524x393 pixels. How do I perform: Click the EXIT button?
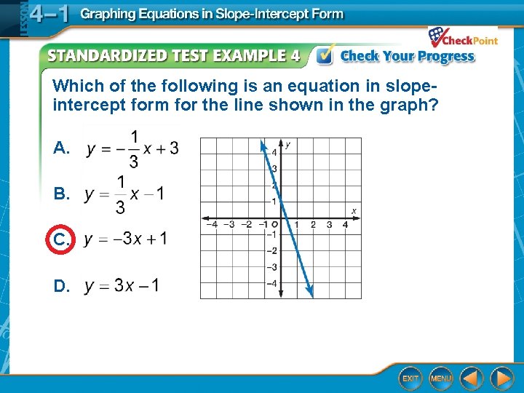click(410, 378)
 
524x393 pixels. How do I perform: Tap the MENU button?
click(441, 378)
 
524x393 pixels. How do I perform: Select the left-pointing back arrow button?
click(471, 378)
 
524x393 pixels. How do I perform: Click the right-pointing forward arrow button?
click(501, 378)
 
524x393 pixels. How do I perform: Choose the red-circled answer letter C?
click(61, 239)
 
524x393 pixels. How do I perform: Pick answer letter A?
click(61, 148)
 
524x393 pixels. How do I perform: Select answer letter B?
click(61, 194)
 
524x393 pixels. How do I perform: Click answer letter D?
click(61, 286)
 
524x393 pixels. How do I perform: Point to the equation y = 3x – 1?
click(122, 285)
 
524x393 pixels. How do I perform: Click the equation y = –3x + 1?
click(125, 239)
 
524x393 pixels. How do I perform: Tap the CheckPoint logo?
click(463, 38)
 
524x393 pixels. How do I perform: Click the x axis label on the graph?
click(354, 211)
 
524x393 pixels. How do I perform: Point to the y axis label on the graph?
click(288, 146)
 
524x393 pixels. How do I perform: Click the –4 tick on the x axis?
click(212, 225)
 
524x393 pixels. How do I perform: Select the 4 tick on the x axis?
click(346, 225)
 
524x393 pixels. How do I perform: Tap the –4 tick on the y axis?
click(274, 283)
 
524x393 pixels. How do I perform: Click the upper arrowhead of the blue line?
click(263, 145)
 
